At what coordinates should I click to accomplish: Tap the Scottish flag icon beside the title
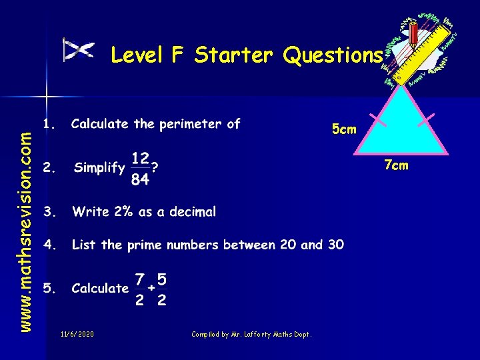point(79,50)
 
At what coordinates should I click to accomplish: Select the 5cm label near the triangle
point(344,129)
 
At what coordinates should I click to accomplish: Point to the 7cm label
point(395,165)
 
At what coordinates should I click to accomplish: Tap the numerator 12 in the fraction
point(140,159)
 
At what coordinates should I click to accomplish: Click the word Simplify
point(99,168)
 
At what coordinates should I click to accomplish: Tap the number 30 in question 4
point(335,245)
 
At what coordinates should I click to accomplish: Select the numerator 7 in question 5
point(139,277)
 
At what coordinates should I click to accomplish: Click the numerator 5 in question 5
point(161,277)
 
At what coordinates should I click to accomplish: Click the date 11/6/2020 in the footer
point(77,334)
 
